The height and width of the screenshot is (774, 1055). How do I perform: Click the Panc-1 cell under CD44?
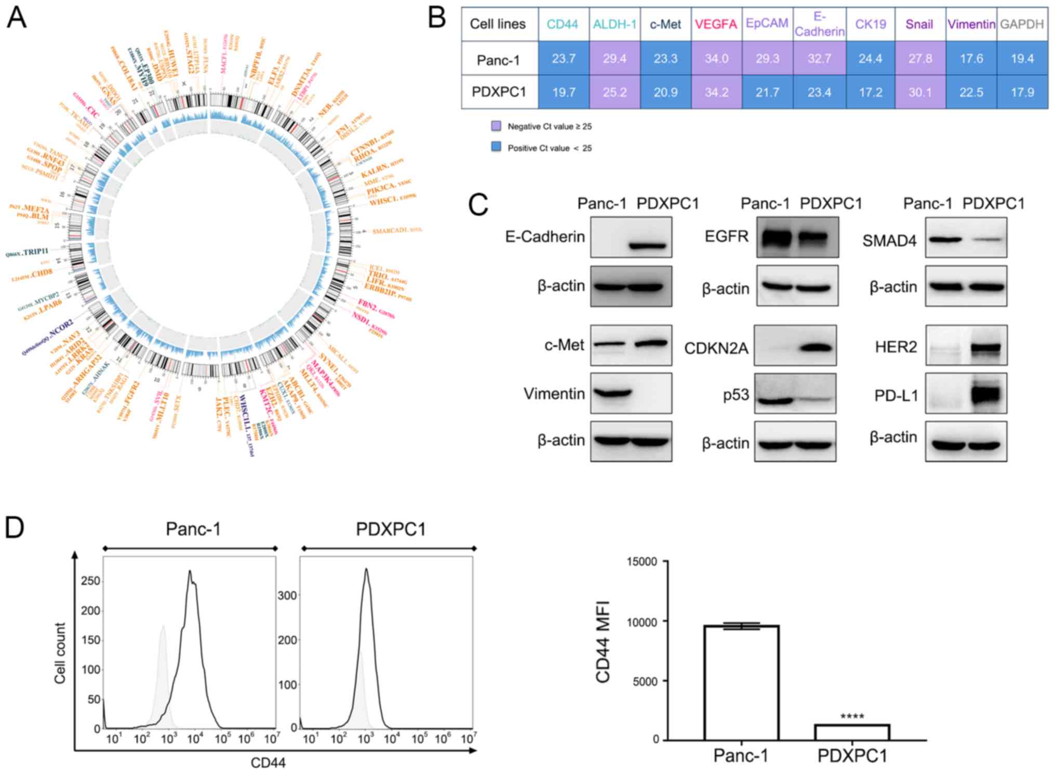(x=564, y=59)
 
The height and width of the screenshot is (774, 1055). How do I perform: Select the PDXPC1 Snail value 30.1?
(x=920, y=92)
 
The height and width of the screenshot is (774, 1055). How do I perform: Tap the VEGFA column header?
(x=716, y=24)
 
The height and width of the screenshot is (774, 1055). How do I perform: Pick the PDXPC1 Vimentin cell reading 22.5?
(x=971, y=92)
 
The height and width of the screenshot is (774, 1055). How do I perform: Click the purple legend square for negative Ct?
(x=496, y=126)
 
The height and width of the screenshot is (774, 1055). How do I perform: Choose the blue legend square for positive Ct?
(x=496, y=147)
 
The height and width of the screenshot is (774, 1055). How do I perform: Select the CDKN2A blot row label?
(x=716, y=348)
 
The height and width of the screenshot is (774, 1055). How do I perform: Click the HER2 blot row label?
(x=896, y=347)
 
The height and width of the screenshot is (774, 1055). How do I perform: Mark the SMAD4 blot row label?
(x=889, y=241)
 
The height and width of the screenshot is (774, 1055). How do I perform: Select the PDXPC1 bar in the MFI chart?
(x=852, y=732)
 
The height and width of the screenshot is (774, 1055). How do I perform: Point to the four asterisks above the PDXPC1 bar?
(x=852, y=717)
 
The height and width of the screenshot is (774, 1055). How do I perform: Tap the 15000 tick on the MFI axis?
(x=642, y=561)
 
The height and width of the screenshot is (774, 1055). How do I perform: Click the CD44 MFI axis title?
(x=603, y=641)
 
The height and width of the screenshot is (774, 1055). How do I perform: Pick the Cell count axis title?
(x=60, y=653)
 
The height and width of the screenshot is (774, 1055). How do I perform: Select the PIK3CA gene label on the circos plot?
(x=381, y=188)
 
